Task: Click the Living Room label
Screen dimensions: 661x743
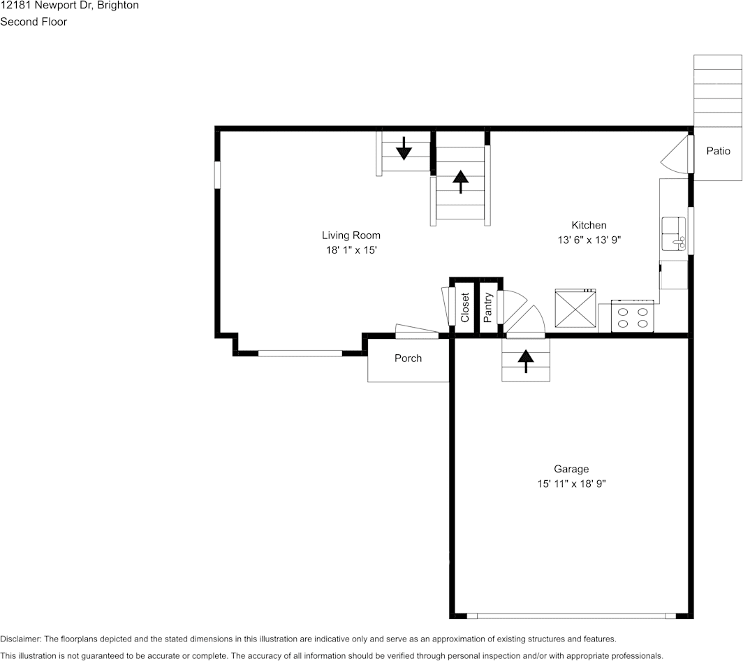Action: [x=351, y=235]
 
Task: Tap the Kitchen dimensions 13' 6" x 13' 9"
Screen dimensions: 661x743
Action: [x=589, y=240]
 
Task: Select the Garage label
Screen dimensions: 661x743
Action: [x=571, y=470]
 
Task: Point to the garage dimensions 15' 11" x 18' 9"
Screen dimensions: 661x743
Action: [x=571, y=484]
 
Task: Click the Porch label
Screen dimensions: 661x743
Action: [x=408, y=358]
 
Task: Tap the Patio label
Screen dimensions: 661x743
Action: [x=718, y=151]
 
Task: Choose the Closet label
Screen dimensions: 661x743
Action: [x=465, y=307]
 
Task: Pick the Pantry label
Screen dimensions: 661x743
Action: [x=488, y=307]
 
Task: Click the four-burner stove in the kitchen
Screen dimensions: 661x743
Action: [x=633, y=317]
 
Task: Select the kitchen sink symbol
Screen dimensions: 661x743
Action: [x=674, y=233]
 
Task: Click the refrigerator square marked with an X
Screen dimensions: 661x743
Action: [x=575, y=308]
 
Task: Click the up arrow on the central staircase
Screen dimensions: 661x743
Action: [x=460, y=181]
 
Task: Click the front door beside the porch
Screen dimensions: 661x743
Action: [x=417, y=331]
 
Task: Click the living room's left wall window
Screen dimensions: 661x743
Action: [x=217, y=175]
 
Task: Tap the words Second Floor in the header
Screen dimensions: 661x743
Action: [x=34, y=22]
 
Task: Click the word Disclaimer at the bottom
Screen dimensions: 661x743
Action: [x=21, y=639]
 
